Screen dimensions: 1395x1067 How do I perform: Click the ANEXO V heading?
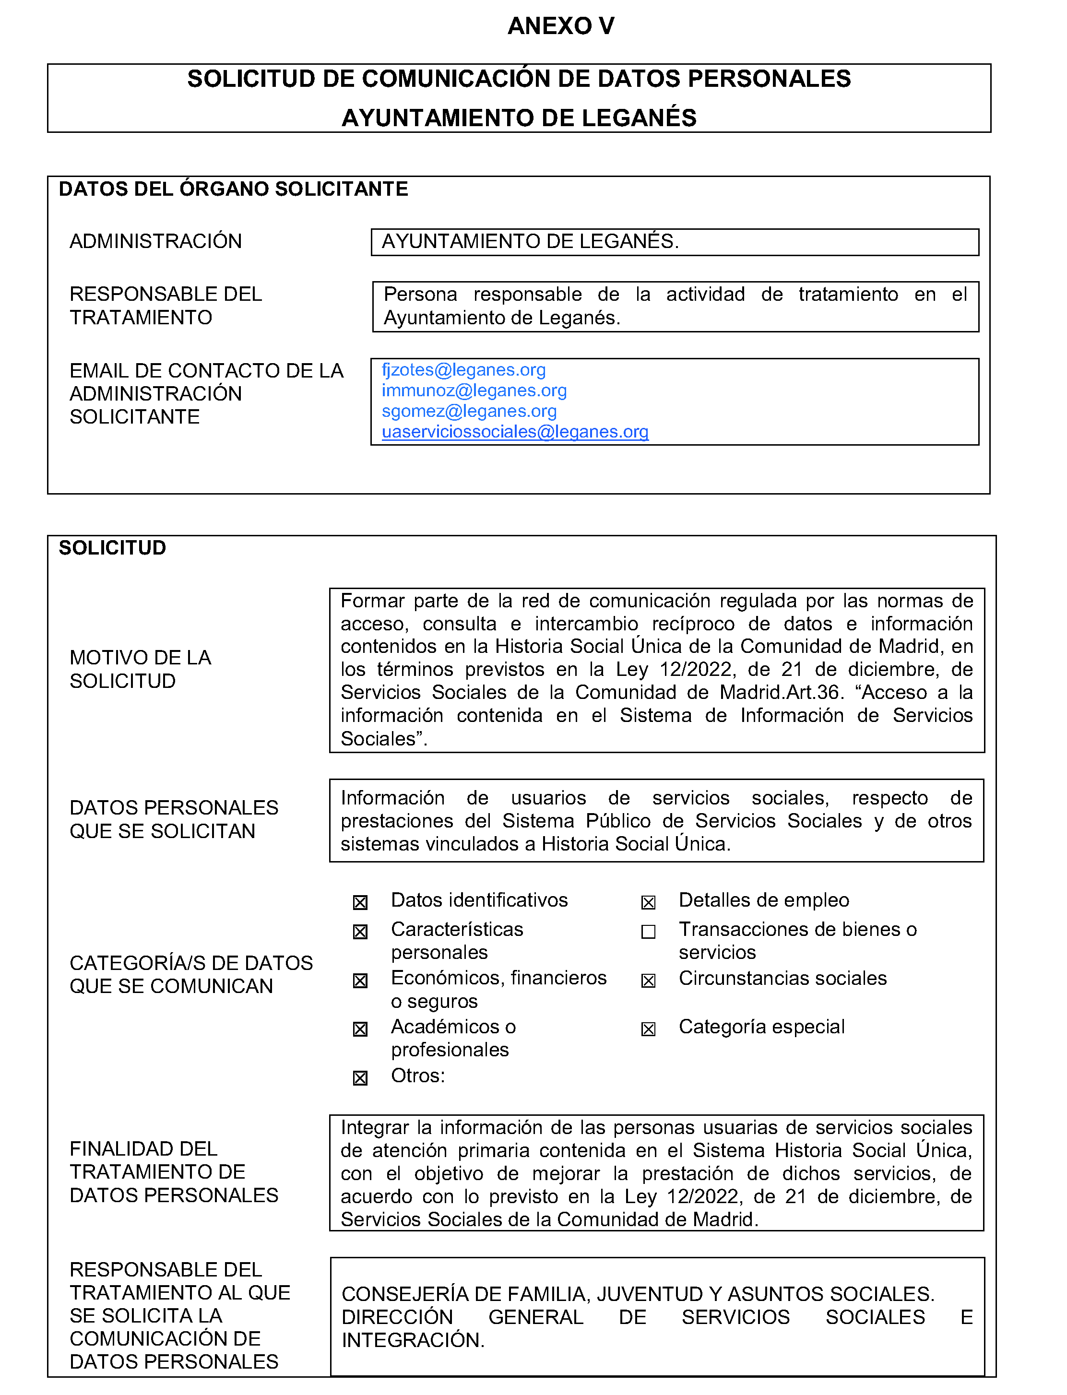561,26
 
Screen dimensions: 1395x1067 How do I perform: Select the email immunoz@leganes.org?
474,390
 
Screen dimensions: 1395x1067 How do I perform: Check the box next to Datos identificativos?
360,902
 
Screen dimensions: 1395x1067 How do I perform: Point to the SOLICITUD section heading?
112,548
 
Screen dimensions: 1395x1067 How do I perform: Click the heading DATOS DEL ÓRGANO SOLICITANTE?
233,189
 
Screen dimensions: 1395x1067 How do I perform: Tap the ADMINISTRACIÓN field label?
155,241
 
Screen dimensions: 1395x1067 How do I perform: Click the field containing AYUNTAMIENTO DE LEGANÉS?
675,242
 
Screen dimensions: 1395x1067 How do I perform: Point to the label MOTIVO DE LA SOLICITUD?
141,669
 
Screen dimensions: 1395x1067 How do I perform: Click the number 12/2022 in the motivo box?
694,669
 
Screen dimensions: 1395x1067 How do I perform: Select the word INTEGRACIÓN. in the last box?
413,1340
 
